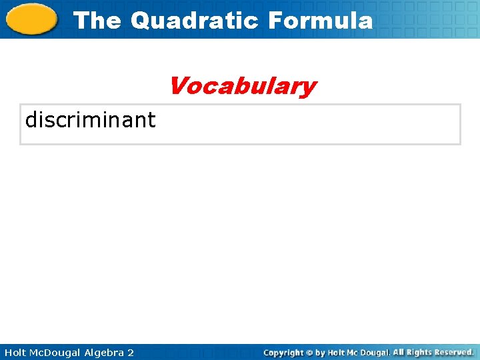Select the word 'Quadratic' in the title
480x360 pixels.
pyautogui.click(x=194, y=21)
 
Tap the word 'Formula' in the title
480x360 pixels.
pyautogui.click(x=320, y=21)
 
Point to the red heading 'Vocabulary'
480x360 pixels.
pyautogui.click(x=242, y=86)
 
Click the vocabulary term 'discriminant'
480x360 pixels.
pyautogui.click(x=90, y=120)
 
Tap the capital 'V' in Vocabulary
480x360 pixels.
pyautogui.click(x=179, y=86)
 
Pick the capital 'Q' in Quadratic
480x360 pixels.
pyautogui.click(x=142, y=21)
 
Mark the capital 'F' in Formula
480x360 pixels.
pyautogui.click(x=275, y=21)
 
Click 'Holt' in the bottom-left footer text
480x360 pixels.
pyautogui.click(x=15, y=352)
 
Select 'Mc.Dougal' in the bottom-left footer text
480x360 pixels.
pyautogui.click(x=56, y=352)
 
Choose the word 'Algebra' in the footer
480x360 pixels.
pyautogui.click(x=104, y=352)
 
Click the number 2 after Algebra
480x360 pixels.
pyautogui.click(x=131, y=352)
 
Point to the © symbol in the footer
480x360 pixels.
pyautogui.click(x=309, y=352)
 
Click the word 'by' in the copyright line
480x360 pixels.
pyautogui.click(x=321, y=352)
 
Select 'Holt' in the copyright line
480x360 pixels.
pyautogui.click(x=337, y=352)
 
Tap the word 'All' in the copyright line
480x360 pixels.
pyautogui.click(x=399, y=352)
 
